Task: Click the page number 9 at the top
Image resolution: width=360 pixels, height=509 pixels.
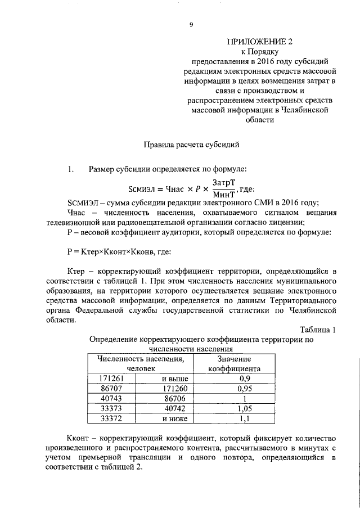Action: click(x=191, y=25)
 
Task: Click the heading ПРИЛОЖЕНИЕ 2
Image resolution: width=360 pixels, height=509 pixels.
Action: click(x=260, y=42)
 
